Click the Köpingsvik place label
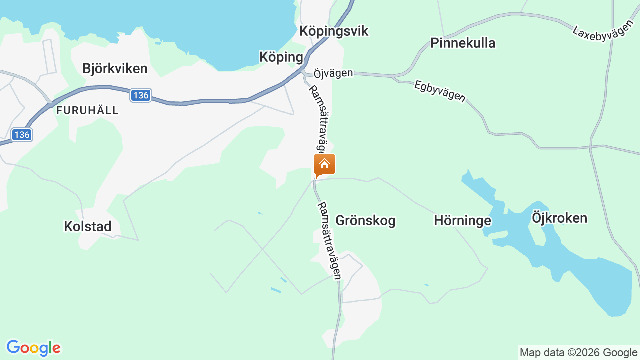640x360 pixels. point(333,31)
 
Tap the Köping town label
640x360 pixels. point(281,57)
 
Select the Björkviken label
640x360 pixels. point(115,68)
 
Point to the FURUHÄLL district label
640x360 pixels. point(87,110)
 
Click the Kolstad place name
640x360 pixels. point(87,226)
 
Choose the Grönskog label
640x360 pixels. point(365,220)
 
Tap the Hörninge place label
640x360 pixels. point(462,220)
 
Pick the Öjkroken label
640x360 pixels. point(559,218)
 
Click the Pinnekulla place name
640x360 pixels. point(463,43)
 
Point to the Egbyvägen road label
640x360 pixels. point(440,91)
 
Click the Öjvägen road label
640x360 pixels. point(333,73)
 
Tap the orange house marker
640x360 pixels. point(325,164)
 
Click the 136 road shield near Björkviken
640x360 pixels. point(141,95)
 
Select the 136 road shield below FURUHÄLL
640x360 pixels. point(22,135)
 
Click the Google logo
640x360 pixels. point(33,348)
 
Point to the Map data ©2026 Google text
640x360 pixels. point(578,352)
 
